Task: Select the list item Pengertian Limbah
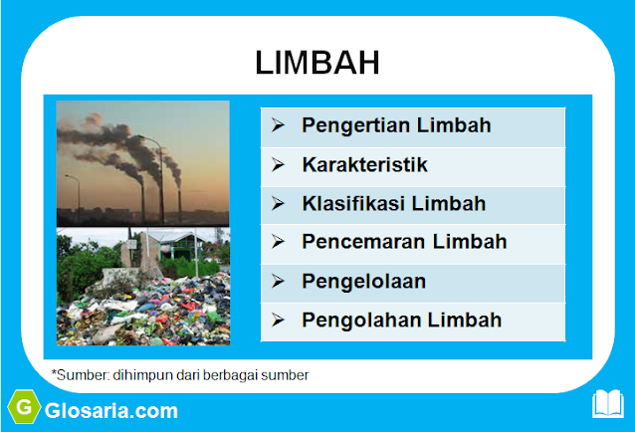click(396, 126)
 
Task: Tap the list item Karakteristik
click(364, 165)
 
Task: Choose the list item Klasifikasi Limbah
click(394, 204)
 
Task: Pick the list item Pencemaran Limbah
click(404, 242)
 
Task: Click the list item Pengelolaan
click(363, 281)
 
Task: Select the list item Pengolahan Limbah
click(401, 320)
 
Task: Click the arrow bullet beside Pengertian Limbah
click(279, 126)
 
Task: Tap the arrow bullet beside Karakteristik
click(279, 165)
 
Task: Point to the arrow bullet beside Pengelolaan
click(279, 281)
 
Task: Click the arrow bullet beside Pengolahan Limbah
click(279, 320)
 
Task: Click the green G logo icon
click(23, 408)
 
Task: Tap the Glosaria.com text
click(110, 410)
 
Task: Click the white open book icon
click(607, 404)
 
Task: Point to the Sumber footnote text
click(180, 375)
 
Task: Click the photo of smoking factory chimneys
click(142, 163)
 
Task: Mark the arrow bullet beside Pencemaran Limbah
click(279, 242)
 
